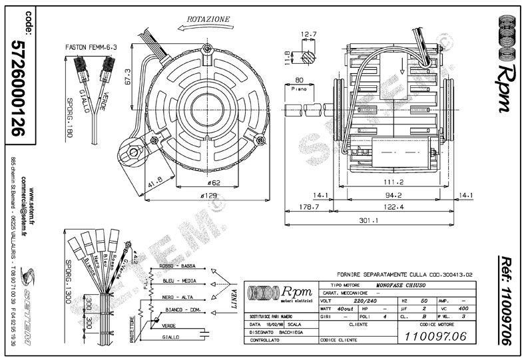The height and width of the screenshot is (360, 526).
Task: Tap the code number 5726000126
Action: click(x=19, y=86)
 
